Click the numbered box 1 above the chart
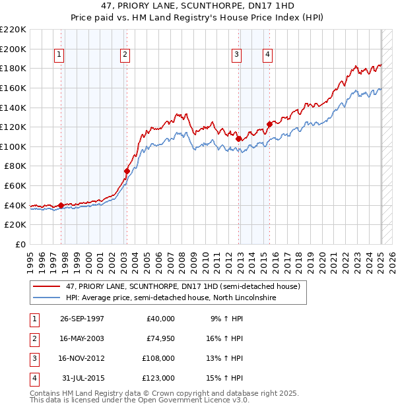(x=59, y=55)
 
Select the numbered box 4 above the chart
(x=268, y=55)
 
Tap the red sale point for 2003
(x=127, y=171)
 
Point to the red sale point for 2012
(x=238, y=139)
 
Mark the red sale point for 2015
(x=269, y=124)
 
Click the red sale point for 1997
(x=61, y=205)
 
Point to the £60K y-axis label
(x=15, y=186)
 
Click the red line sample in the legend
(x=47, y=286)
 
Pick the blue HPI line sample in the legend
(x=47, y=298)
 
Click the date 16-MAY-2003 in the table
(x=82, y=338)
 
